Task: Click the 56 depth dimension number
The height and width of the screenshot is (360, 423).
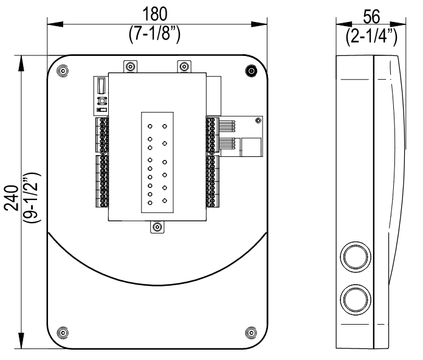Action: click(x=368, y=13)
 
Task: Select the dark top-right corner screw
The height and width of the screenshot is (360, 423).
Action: click(x=250, y=71)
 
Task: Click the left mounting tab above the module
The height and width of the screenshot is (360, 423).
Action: click(x=129, y=66)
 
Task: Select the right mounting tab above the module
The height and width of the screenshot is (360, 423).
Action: click(x=183, y=66)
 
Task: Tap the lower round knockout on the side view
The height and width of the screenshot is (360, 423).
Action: click(x=354, y=299)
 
